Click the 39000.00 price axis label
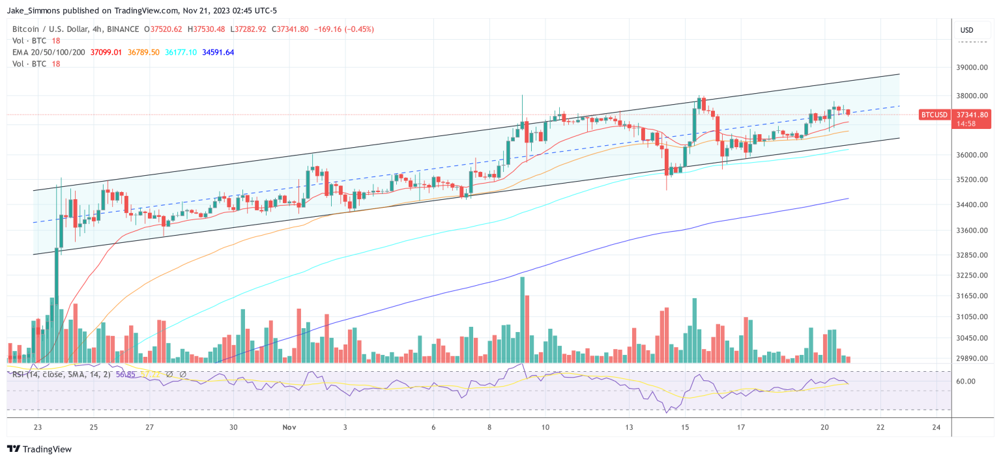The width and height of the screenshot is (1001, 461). (x=972, y=68)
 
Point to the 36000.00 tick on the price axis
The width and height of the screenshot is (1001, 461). (x=972, y=155)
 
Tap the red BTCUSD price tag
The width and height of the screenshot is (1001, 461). (x=934, y=115)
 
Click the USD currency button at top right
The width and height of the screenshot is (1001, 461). (x=966, y=30)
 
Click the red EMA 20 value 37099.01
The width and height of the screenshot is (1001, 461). (x=106, y=52)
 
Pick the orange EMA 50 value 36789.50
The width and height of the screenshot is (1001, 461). (x=143, y=52)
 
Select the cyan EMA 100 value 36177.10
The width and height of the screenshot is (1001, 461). (x=181, y=52)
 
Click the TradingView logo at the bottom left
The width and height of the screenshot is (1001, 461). (x=39, y=449)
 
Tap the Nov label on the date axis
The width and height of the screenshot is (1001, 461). (x=290, y=427)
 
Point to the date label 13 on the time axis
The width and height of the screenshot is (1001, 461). (x=629, y=427)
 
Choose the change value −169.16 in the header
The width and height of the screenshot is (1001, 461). (x=327, y=29)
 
